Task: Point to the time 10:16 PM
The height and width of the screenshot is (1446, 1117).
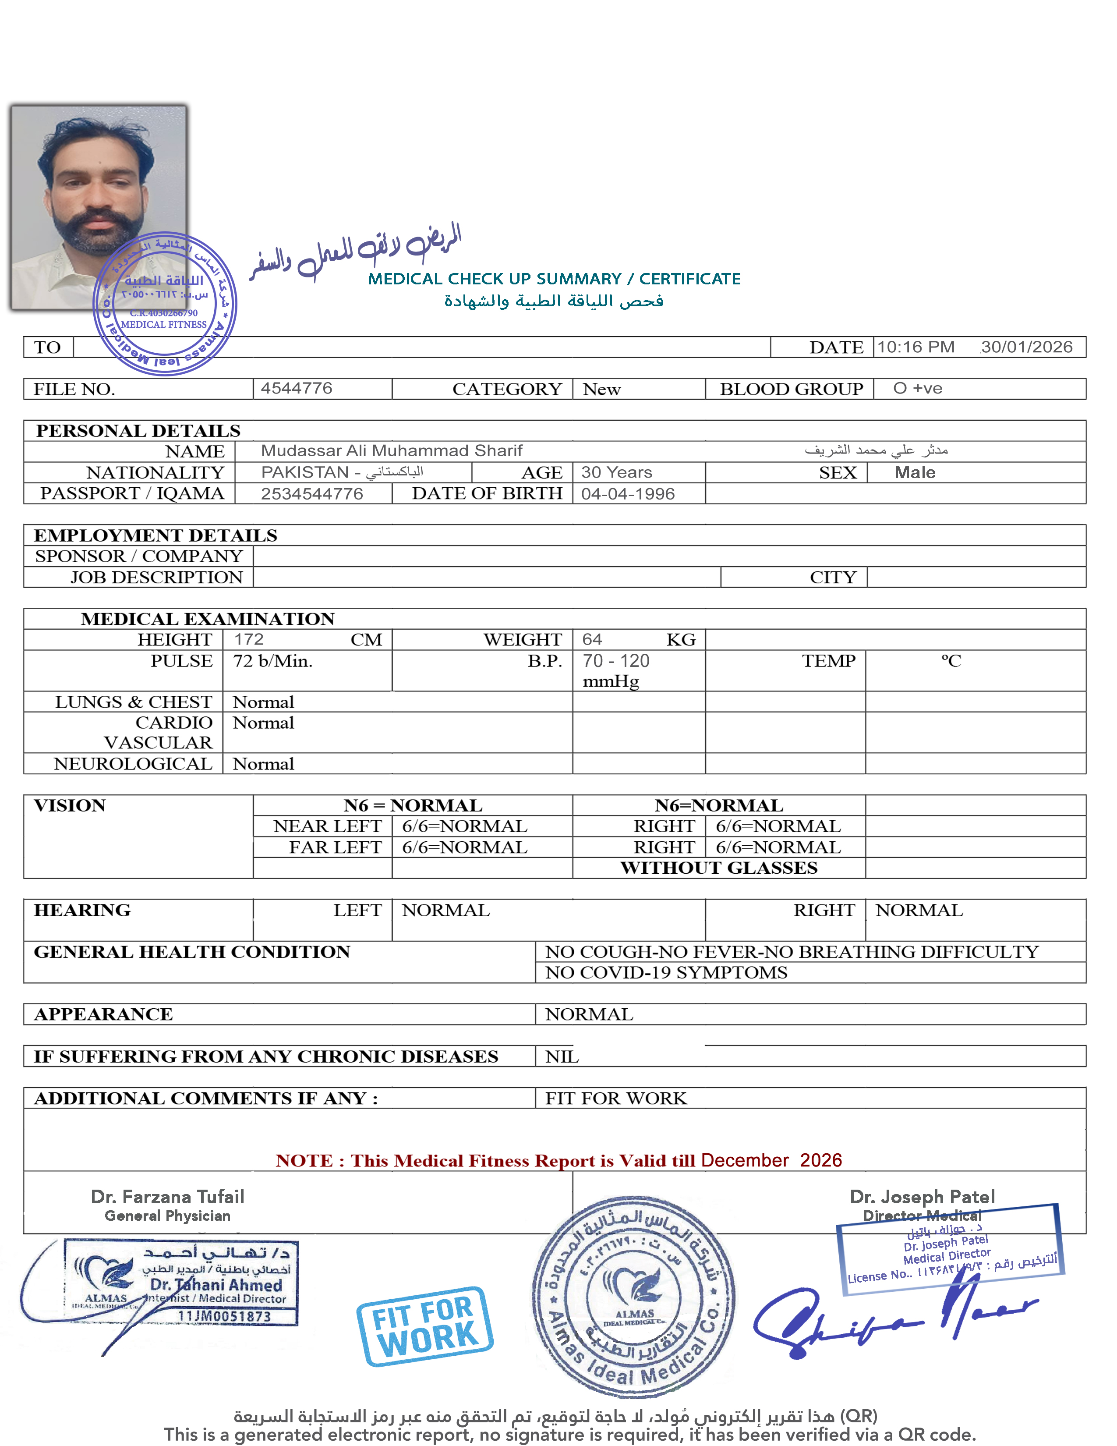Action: tap(916, 347)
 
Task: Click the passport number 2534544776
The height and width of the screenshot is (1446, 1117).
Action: tap(312, 494)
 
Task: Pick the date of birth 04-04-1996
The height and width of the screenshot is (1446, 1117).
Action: tap(627, 494)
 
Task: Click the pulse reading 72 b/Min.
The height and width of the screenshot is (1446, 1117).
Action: tap(272, 661)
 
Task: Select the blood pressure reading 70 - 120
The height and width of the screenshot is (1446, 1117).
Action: tap(615, 661)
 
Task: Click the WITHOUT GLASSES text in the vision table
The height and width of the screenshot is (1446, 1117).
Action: tap(719, 868)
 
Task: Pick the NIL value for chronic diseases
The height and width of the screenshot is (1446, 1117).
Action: tap(562, 1057)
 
